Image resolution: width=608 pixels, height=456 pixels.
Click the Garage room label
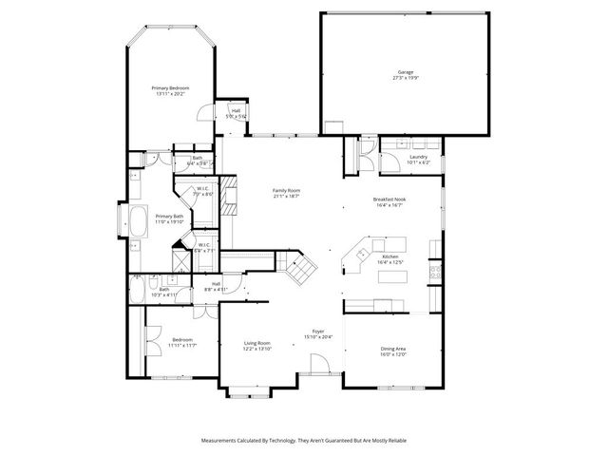[x=405, y=72]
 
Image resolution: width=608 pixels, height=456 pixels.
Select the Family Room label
[x=286, y=191]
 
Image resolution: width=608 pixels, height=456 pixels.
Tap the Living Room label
[x=257, y=343]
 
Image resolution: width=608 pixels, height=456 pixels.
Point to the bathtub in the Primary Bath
[x=138, y=225]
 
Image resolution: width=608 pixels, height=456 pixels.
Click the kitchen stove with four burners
[x=436, y=273]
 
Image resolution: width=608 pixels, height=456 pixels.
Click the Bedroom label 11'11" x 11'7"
[x=182, y=344]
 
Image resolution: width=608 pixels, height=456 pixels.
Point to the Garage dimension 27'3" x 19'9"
[x=405, y=78]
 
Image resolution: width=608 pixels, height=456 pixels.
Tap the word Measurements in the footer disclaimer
[x=222, y=441]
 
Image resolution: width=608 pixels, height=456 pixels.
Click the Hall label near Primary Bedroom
[x=236, y=110]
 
